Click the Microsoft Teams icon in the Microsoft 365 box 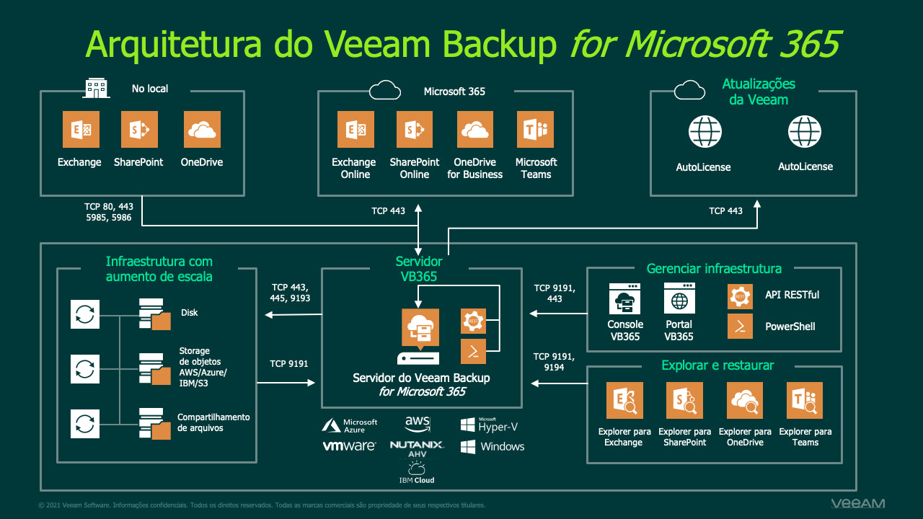coord(535,130)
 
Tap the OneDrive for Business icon coord(475,130)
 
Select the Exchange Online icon coord(355,130)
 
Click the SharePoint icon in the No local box coord(139,130)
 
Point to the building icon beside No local coord(97,88)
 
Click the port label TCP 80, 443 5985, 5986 coord(108,212)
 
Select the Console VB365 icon coord(624,298)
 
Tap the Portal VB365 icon coord(679,298)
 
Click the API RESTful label coord(792,295)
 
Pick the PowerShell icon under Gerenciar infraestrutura coord(740,326)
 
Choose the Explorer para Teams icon coord(805,401)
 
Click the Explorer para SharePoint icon coord(684,401)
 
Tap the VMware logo coord(349,446)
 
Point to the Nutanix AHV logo coord(417,449)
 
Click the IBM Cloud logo coord(417,474)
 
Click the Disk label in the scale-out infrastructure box coord(190,313)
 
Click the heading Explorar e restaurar coord(717,365)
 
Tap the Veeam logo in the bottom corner coord(857,503)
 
